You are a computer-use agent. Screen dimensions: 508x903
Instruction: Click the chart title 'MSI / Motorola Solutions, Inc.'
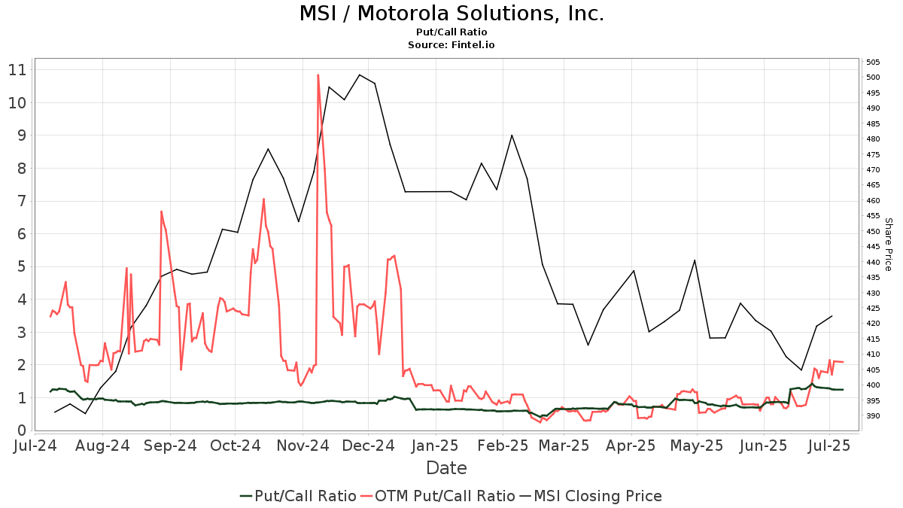click(451, 14)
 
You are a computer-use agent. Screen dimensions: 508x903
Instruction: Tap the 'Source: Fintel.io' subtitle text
click(451, 45)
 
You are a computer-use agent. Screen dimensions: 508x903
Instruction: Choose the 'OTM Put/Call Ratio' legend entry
click(438, 496)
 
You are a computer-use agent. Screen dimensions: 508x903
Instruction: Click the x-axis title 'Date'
click(446, 468)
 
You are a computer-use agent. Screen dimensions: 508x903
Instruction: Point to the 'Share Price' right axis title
click(888, 245)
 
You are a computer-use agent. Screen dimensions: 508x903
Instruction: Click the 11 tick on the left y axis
click(17, 70)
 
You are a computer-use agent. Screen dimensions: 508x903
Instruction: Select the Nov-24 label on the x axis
click(303, 446)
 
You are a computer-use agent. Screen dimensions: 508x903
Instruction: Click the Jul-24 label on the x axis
click(35, 446)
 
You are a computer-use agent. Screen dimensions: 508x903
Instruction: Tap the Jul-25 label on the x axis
click(829, 446)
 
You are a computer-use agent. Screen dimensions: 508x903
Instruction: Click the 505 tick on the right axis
click(873, 62)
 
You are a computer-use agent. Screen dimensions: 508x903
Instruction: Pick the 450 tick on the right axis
click(873, 231)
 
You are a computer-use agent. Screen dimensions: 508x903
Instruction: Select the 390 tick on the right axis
click(873, 415)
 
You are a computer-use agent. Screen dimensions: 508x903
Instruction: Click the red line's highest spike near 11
click(318, 75)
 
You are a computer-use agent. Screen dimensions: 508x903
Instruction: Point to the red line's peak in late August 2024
click(161, 211)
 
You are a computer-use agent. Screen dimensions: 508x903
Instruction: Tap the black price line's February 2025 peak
click(512, 135)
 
